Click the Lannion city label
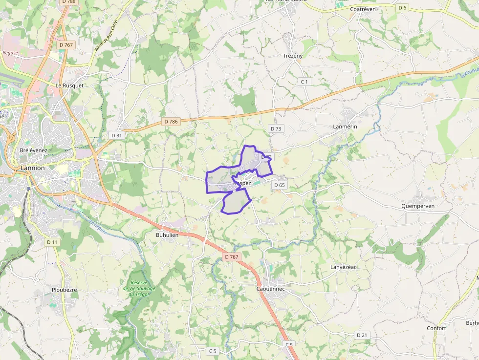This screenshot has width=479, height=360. click(33, 168)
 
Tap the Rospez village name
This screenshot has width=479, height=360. click(242, 183)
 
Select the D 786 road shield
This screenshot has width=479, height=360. click(171, 121)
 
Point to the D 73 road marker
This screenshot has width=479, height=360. click(276, 128)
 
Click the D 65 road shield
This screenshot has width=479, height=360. click(279, 185)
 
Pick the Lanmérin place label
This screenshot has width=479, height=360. click(345, 127)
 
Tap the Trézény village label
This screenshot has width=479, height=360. click(293, 56)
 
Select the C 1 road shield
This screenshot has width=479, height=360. click(305, 82)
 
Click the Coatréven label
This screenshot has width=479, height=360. click(363, 9)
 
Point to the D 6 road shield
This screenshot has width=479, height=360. click(402, 7)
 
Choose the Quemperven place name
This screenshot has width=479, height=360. click(417, 206)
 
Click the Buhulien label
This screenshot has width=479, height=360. click(167, 234)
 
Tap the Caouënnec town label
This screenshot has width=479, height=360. click(270, 289)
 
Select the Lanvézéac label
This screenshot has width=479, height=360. click(344, 267)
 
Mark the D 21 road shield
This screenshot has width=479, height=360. click(362, 335)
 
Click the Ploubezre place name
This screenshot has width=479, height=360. click(65, 290)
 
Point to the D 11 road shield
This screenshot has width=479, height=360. click(52, 242)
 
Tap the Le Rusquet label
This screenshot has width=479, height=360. click(69, 85)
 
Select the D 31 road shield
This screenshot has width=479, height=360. click(116, 135)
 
